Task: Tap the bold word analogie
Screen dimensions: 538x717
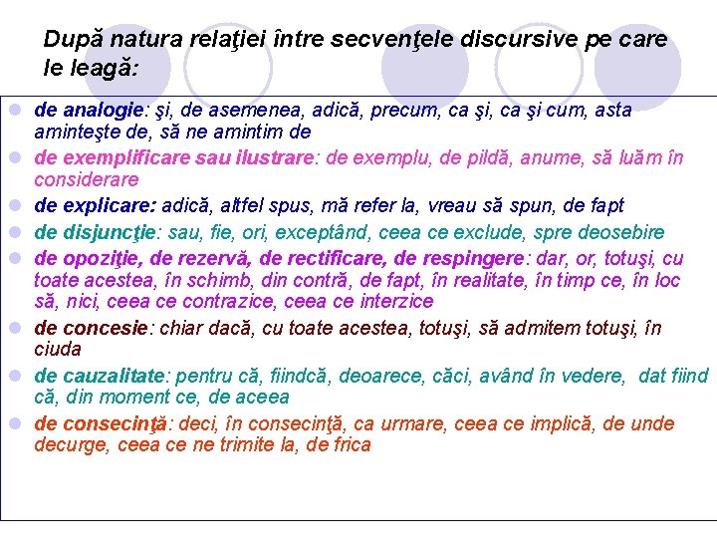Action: [103, 110]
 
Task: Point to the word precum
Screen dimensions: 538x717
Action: [399, 110]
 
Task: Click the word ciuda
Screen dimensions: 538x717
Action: [58, 349]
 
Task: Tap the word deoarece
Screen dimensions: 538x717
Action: [381, 376]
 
